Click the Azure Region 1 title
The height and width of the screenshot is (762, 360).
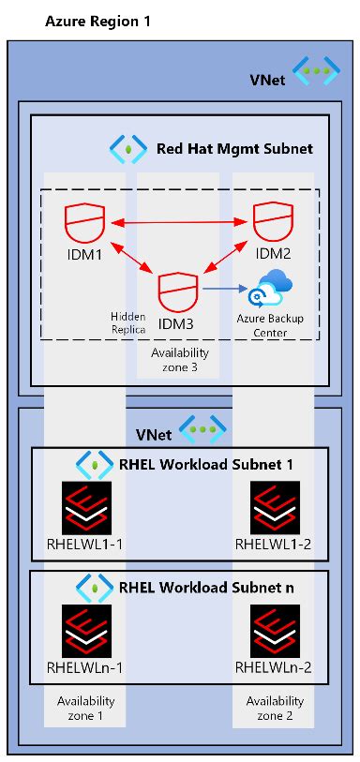[97, 21]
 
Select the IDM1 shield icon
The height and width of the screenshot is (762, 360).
[84, 223]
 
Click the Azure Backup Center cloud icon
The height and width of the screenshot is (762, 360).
[269, 287]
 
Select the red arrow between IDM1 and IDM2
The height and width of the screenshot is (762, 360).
[178, 223]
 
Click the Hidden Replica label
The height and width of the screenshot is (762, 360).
[128, 323]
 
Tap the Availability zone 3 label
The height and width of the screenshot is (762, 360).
[179, 360]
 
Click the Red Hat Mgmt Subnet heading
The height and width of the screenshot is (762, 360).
[233, 147]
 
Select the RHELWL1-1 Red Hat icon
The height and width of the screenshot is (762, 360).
[85, 507]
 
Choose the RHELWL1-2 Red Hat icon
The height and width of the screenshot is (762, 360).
[274, 507]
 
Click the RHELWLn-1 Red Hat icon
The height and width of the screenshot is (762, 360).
[85, 630]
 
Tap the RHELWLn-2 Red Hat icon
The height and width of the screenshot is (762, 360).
[274, 630]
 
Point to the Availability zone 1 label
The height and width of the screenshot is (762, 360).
[85, 708]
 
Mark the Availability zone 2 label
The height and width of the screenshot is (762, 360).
[275, 708]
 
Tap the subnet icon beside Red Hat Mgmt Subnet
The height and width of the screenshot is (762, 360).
[126, 147]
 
